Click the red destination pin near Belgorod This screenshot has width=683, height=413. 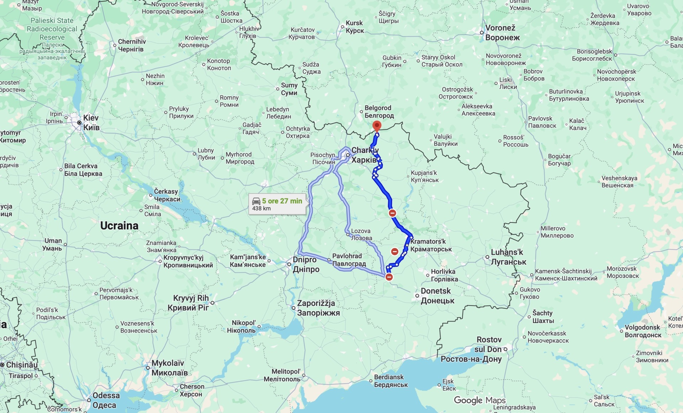click(377, 126)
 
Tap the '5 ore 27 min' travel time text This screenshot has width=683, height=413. click(282, 201)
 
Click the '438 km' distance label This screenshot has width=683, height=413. click(261, 209)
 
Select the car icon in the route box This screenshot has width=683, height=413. click(256, 201)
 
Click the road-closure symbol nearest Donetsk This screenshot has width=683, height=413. click(389, 277)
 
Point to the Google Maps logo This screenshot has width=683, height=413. click(479, 400)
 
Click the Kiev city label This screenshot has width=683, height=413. click(91, 122)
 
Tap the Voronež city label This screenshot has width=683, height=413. click(502, 32)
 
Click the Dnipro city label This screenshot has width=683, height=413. click(306, 264)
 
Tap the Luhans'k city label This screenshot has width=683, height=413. click(508, 257)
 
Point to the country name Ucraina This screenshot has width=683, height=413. click(119, 226)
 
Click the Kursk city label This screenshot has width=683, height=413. click(354, 27)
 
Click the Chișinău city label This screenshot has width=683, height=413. click(21, 365)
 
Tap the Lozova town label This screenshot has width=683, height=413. click(361, 234)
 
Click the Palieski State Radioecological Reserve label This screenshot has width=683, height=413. click(52, 29)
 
